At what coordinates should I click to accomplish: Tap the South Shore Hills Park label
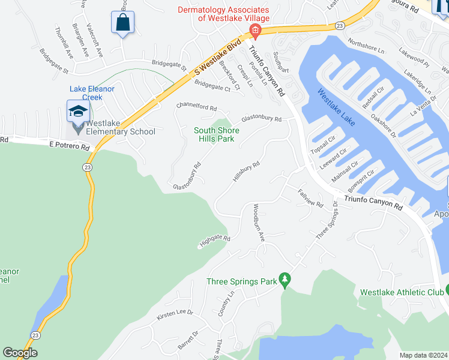pos(216,134)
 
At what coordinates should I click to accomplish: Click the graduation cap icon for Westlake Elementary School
pos(77,111)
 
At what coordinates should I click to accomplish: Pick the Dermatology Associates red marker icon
pos(255,30)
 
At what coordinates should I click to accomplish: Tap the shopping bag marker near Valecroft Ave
pos(122,23)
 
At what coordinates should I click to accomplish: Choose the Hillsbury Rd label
pos(246,171)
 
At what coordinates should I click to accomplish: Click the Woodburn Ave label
pos(258,222)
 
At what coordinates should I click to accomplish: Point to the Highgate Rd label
pos(215,241)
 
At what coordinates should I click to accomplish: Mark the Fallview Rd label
pos(310,198)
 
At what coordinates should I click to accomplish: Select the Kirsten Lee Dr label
pos(175,313)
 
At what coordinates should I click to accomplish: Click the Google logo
pos(20,353)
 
